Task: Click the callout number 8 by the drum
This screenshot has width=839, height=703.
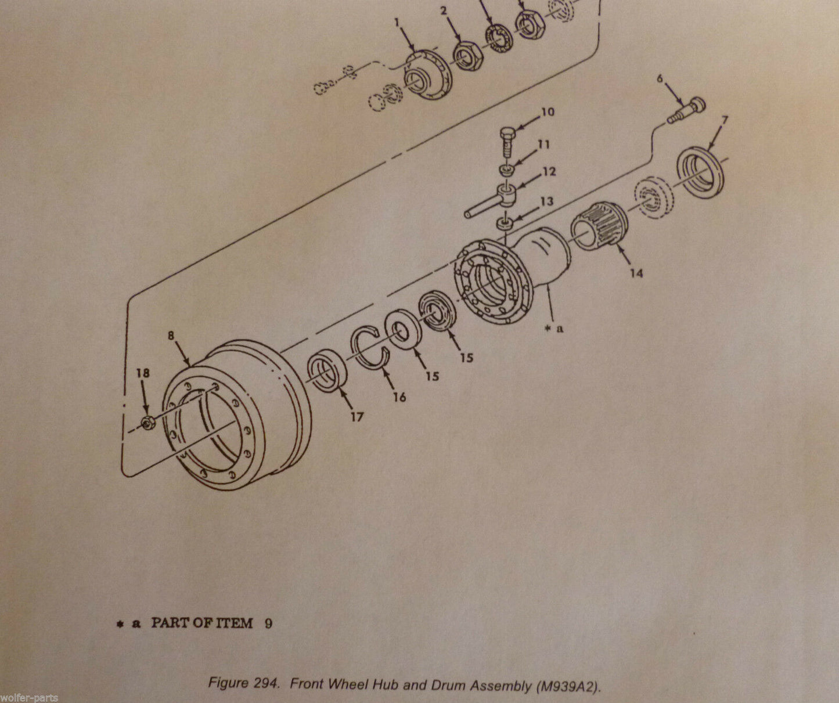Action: coord(171,336)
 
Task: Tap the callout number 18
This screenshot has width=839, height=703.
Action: coord(143,373)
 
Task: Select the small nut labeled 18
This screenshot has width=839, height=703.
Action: coord(147,422)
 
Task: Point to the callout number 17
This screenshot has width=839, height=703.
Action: coord(357,417)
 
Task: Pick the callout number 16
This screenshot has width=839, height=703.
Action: coord(399,397)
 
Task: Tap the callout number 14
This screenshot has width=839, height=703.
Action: coord(636,273)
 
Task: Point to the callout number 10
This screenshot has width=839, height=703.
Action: coord(548,112)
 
